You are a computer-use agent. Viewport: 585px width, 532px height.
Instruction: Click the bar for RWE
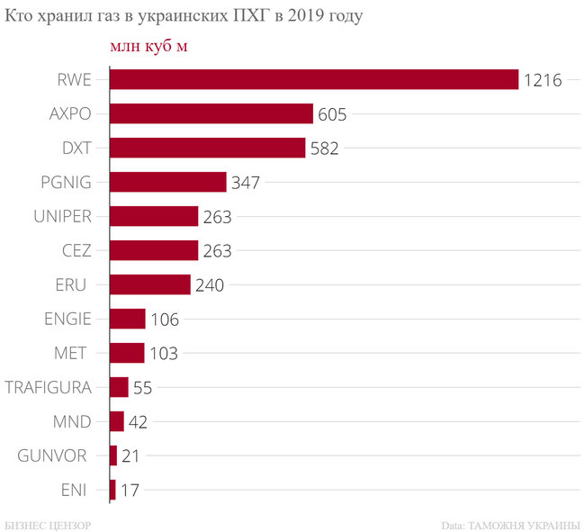tap(313, 79)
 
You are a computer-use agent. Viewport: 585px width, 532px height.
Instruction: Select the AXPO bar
tap(211, 113)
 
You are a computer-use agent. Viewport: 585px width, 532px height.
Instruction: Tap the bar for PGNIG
tap(167, 182)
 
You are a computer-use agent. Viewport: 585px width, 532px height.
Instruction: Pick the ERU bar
tap(149, 284)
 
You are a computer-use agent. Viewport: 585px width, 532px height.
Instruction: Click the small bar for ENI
tap(112, 490)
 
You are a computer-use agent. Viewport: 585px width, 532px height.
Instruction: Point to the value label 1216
tap(543, 80)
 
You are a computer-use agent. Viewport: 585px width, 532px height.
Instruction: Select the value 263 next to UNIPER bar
tap(217, 217)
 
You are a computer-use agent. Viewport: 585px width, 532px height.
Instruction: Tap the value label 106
tap(165, 320)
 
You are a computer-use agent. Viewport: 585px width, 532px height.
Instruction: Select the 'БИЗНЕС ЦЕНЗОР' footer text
tap(47, 524)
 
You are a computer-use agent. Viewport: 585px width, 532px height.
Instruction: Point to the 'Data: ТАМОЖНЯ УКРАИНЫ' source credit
tap(510, 524)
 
